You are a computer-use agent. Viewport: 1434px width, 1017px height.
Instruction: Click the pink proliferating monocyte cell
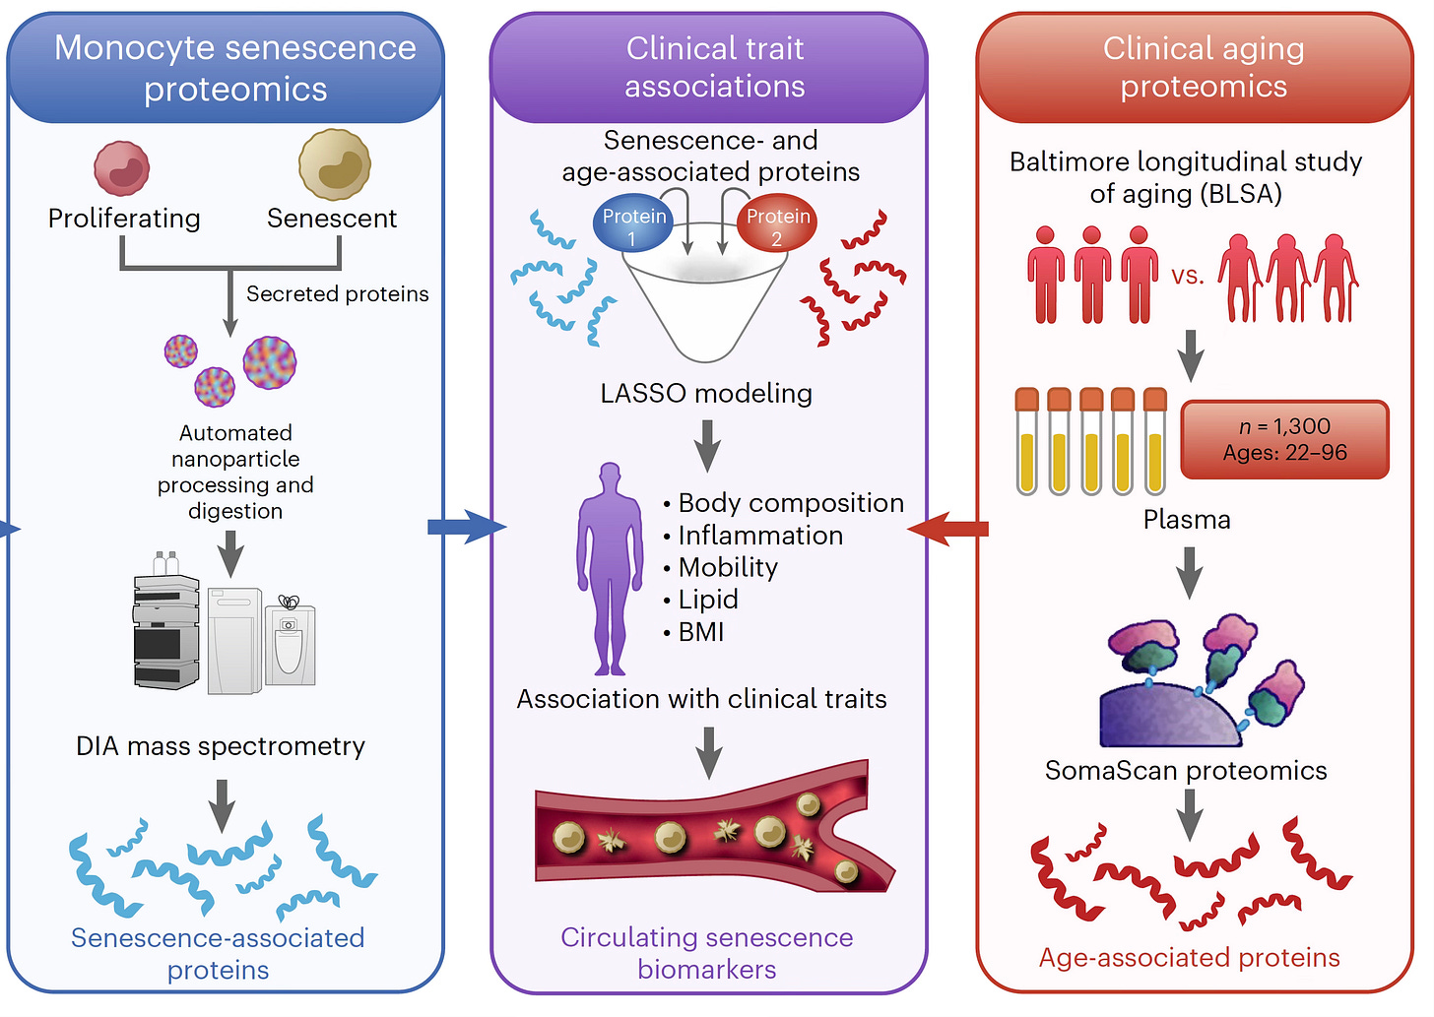coord(122,167)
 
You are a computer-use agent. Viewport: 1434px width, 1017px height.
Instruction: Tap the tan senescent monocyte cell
coord(335,164)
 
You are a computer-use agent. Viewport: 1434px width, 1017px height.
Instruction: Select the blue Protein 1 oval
coord(633,225)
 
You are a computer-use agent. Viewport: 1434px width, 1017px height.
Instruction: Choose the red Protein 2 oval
coord(777,225)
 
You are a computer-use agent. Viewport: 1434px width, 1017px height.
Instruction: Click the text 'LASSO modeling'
coord(706,394)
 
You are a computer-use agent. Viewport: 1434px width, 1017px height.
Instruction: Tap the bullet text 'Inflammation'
coord(760,536)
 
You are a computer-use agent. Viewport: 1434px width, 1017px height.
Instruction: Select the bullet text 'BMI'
coord(700,632)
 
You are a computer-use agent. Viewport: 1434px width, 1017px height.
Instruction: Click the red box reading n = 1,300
coord(1284,439)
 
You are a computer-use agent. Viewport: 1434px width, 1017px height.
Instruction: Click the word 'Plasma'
coord(1187,520)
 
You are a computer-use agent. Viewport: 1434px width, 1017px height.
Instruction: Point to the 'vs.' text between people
coord(1188,276)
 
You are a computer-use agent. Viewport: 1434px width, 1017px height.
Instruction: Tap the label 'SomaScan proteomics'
coord(1186,771)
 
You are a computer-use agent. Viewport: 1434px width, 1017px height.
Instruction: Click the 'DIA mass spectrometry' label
coord(221,746)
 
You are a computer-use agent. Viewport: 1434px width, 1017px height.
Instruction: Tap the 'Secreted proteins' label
coord(337,294)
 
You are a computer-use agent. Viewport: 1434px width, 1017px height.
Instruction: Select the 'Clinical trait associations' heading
coord(715,67)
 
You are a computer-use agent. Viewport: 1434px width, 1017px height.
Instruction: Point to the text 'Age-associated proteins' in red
coord(1189,958)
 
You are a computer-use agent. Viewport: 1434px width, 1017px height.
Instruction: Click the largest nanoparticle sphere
coord(269,362)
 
